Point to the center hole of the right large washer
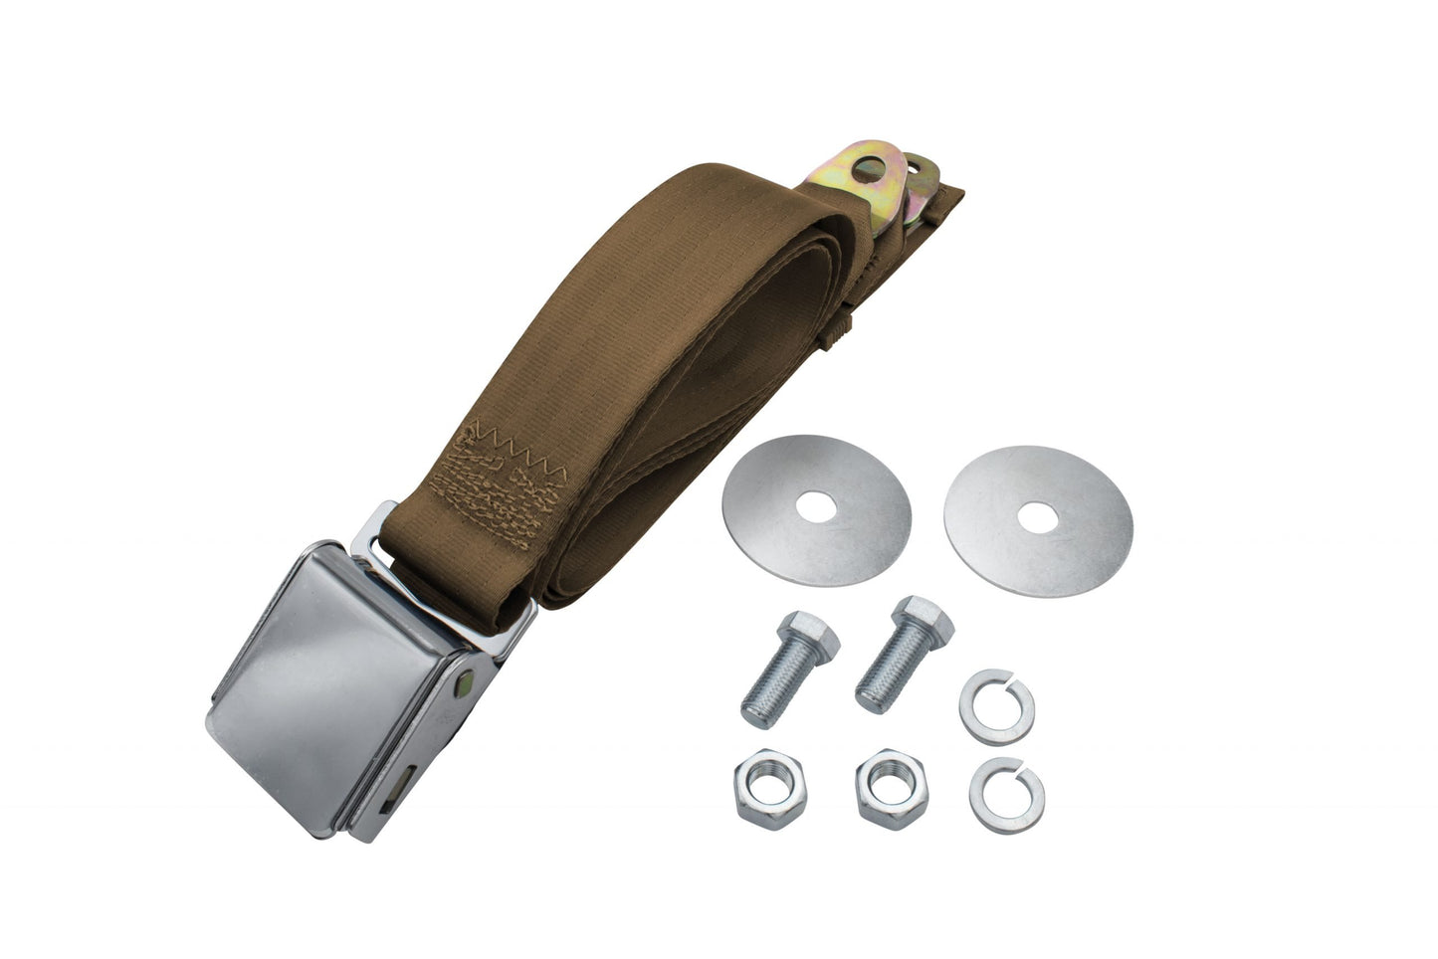point(1039,517)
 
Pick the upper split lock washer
point(996,706)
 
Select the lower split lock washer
point(1006,795)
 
